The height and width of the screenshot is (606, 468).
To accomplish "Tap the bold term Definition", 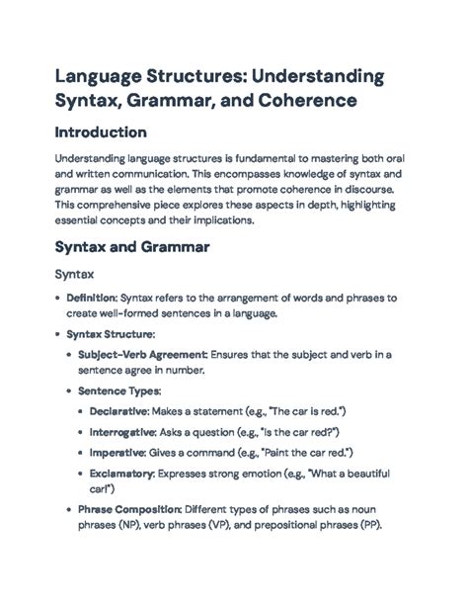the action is tap(91, 298).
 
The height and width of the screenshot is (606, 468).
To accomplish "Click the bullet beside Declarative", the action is tap(79, 409).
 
